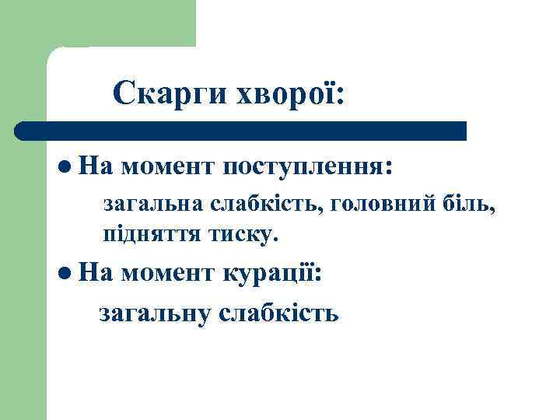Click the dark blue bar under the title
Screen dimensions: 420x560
(x=241, y=131)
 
